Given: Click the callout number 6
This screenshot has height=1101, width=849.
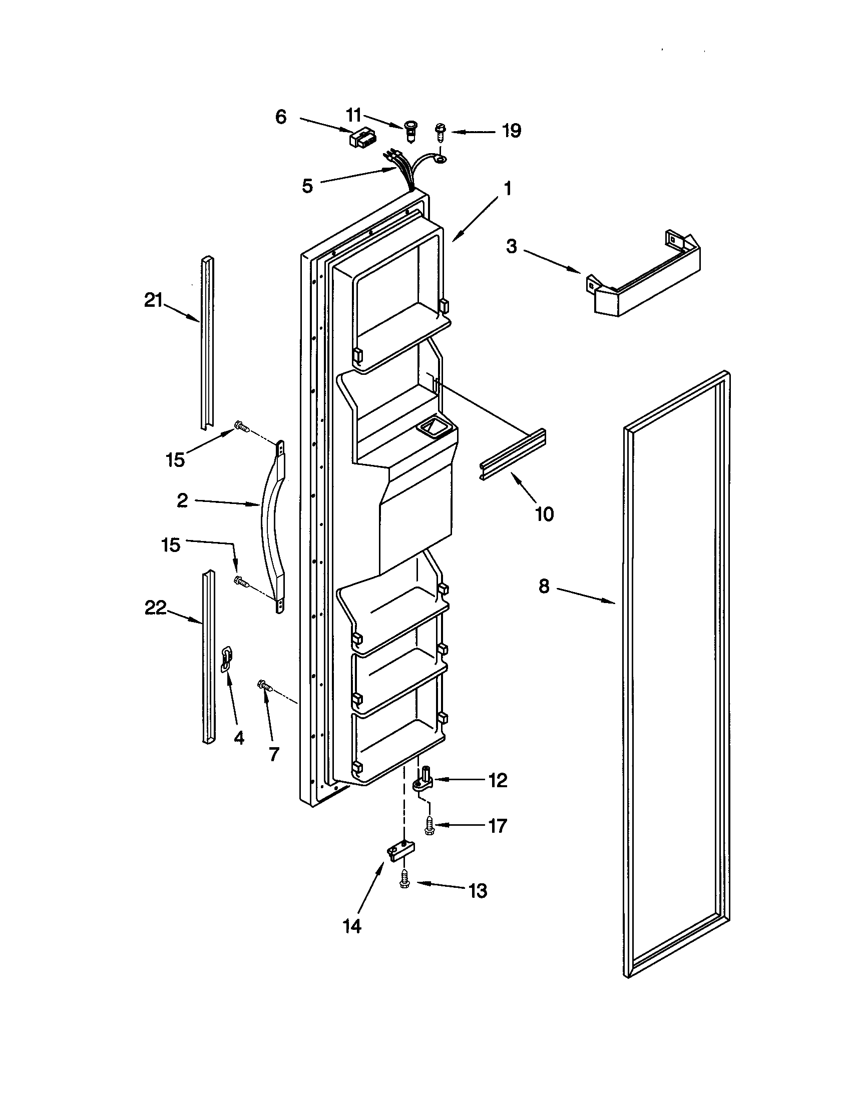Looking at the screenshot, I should [281, 117].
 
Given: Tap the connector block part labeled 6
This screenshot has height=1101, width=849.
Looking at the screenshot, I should [360, 138].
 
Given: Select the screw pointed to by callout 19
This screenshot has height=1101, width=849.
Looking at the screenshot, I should [440, 134].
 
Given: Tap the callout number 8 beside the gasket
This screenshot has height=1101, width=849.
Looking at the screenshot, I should [543, 587].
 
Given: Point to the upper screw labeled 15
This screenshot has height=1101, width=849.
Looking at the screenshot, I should [241, 428].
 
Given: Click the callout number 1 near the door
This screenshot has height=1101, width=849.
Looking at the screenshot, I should [507, 189].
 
